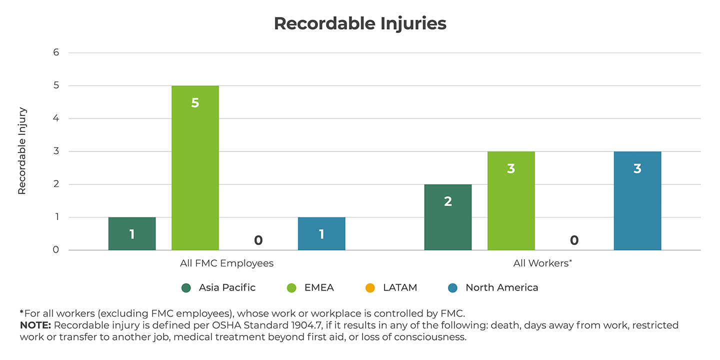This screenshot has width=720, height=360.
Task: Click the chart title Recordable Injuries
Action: [360, 23]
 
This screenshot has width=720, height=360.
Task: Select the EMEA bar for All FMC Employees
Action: [195, 167]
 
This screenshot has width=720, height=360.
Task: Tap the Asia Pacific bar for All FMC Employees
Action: [132, 233]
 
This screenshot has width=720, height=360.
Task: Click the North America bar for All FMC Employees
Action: [321, 233]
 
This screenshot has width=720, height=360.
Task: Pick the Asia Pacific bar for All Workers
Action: [448, 217]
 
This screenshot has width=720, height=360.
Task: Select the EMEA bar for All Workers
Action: [511, 200]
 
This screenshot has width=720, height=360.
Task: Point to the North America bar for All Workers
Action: [637, 200]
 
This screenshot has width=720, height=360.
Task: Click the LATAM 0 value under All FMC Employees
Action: [258, 240]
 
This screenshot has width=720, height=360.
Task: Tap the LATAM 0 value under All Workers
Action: [574, 240]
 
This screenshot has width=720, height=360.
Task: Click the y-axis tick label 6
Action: [56, 52]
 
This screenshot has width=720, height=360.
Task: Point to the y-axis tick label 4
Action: [56, 118]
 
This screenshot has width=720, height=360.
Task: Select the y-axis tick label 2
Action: [56, 184]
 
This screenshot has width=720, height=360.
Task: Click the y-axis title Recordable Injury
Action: [22, 151]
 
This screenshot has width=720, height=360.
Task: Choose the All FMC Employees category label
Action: [226, 263]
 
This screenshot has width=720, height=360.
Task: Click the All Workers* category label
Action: [542, 263]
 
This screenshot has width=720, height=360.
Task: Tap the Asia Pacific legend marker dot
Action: [186, 288]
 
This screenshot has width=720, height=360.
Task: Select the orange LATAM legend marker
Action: [370, 288]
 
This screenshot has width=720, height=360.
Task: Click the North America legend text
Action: [501, 287]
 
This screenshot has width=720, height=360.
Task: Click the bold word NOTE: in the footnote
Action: [35, 325]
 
